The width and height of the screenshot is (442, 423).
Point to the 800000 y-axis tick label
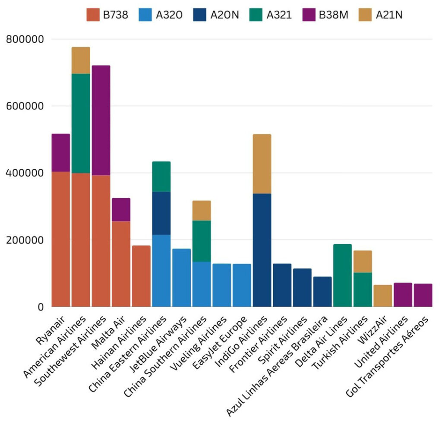(x=25, y=39)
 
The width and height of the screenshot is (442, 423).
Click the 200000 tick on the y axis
(x=25, y=240)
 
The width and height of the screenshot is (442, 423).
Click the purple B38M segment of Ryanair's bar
(x=60, y=153)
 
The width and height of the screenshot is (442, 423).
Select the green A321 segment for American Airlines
(x=81, y=123)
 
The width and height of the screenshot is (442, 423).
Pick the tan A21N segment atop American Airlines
(x=81, y=60)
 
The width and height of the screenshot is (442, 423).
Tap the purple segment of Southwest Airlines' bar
(x=101, y=121)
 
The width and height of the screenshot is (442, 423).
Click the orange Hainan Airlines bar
(x=141, y=276)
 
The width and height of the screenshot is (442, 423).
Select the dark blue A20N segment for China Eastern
(x=161, y=213)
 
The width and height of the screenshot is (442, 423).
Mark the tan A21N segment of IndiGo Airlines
(x=262, y=164)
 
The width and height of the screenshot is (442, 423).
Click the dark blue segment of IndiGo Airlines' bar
(x=262, y=250)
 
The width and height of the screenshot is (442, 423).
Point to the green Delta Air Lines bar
(x=342, y=276)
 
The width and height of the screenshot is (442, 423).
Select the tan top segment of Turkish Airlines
(x=363, y=261)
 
